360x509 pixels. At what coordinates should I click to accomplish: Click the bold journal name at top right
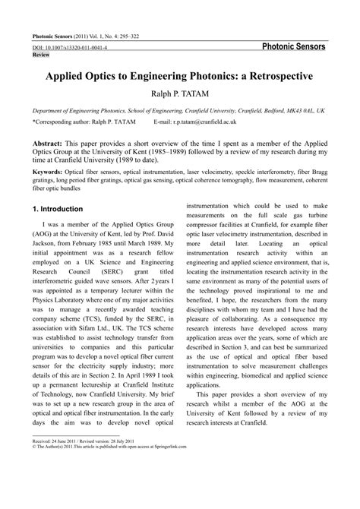[x=292, y=46]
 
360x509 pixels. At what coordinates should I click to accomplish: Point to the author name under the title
[x=179, y=93]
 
